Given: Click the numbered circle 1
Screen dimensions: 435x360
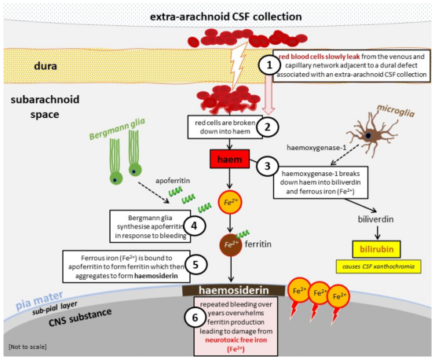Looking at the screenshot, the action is tap(269, 65).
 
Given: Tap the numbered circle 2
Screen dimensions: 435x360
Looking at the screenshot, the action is tap(268, 127).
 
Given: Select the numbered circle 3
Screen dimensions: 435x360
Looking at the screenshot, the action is tap(268, 166).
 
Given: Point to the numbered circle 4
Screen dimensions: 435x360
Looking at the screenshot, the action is tap(194, 226).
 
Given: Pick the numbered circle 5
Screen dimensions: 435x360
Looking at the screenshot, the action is tap(196, 264).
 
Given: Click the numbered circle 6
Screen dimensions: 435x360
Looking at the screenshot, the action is tap(196, 317).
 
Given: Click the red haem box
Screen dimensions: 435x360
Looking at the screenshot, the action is tap(230, 159).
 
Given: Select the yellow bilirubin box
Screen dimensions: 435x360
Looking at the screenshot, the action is tap(376, 249).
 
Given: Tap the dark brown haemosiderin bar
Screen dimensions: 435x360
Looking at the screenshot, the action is tap(233, 290).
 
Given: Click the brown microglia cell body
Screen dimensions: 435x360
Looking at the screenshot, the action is tap(369, 135).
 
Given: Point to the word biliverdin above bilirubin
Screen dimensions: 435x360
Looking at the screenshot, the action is tap(375, 219).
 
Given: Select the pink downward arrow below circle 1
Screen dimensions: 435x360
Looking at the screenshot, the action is tap(269, 95).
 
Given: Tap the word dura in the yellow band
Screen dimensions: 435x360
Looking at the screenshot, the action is tap(46, 66).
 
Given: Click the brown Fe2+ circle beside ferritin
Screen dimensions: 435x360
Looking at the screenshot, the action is tap(231, 244).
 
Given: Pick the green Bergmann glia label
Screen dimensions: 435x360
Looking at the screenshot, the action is tap(117, 129).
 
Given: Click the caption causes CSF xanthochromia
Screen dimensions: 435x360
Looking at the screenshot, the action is tap(378, 266).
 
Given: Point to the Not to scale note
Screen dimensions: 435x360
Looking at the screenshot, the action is tap(27, 347).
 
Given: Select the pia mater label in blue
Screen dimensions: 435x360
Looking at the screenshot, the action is tap(39, 300).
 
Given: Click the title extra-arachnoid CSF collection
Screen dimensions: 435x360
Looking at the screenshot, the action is tap(226, 17).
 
